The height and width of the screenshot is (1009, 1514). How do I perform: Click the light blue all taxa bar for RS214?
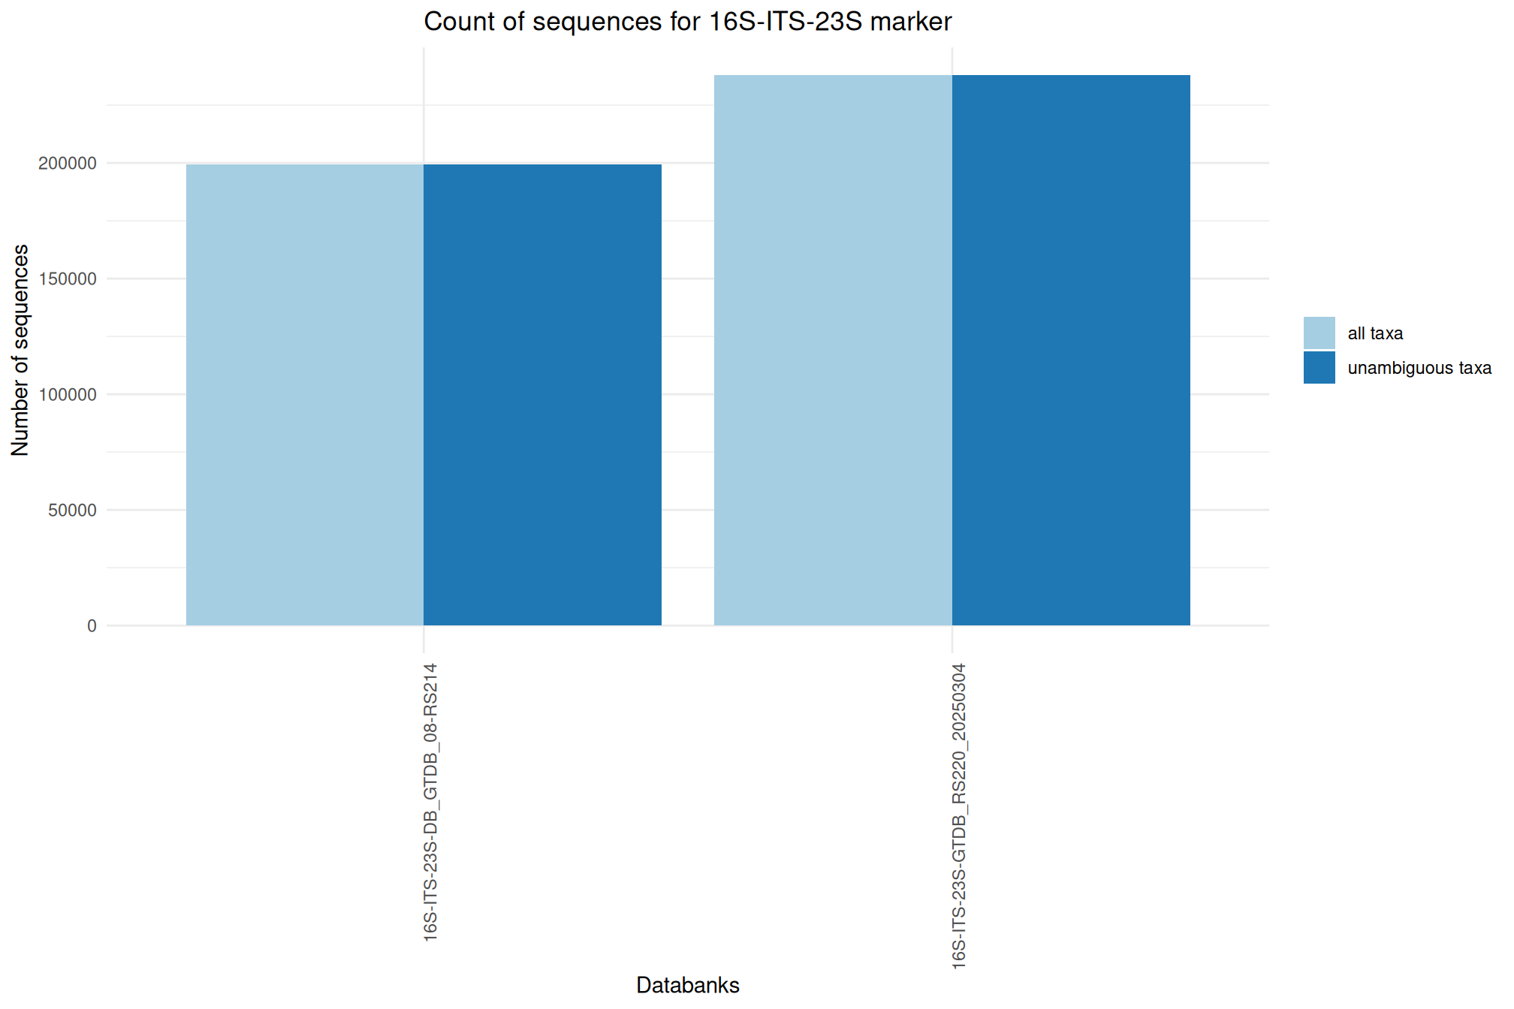305,395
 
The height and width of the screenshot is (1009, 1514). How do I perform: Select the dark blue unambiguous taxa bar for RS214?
542,395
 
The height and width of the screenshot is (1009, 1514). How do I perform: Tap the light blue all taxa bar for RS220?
833,350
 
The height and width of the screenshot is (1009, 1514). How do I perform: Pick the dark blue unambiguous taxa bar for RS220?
1071,350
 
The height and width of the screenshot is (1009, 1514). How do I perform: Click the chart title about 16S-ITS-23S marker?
687,22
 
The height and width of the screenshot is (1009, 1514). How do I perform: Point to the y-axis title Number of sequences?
20,350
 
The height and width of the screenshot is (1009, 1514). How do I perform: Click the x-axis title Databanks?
687,985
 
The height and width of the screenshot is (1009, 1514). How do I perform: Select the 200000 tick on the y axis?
68,164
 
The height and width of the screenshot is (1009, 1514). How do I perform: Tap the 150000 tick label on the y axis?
68,279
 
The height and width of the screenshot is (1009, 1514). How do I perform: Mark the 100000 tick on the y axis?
68,395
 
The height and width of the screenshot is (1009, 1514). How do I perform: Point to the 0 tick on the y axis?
92,626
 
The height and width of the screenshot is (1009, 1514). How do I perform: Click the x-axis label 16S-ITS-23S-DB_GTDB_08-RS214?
430,802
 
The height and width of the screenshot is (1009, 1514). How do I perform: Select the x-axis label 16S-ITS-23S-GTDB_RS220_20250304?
959,816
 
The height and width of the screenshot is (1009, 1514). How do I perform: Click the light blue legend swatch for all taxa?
1319,333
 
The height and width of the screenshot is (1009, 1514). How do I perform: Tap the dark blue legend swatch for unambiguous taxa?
1319,368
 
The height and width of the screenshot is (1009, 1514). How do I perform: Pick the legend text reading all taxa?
1375,333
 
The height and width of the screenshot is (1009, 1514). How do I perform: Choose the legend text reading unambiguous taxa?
1419,368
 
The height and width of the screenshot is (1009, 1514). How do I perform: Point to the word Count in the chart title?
458,22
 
